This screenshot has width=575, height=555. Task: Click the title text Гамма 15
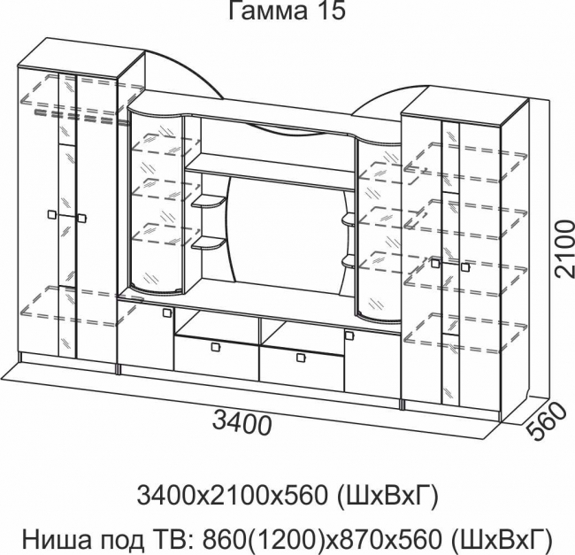(x=287, y=11)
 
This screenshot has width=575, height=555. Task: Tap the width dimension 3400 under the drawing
(x=242, y=423)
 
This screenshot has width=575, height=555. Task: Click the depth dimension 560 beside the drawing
(x=546, y=422)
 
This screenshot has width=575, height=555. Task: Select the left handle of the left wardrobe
(x=52, y=214)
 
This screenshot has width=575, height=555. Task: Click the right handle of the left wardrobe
(x=81, y=219)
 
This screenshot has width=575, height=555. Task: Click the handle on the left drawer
(x=215, y=347)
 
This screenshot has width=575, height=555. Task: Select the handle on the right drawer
(x=301, y=358)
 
